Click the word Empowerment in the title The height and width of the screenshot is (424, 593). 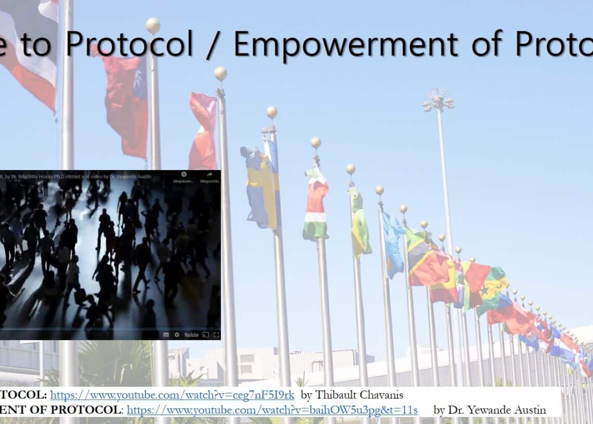[x=345, y=44]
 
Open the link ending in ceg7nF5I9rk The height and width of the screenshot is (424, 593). [x=172, y=395]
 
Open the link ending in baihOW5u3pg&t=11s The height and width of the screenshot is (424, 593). [x=272, y=410]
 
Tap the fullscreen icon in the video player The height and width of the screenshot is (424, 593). [x=216, y=335]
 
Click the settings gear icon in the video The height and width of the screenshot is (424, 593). [x=177, y=335]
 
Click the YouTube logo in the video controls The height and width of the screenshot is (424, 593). [x=191, y=335]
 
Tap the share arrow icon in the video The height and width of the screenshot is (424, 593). [x=209, y=175]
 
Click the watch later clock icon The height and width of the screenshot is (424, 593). [x=184, y=175]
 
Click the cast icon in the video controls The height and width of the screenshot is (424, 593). [x=205, y=335]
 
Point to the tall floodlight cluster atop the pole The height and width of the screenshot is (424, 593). [x=438, y=100]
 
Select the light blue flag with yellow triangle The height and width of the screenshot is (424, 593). [x=392, y=245]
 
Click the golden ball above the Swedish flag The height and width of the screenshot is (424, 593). [x=272, y=112]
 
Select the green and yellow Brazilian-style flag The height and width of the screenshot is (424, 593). [x=359, y=224]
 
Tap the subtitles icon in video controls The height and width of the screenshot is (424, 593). [x=166, y=335]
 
